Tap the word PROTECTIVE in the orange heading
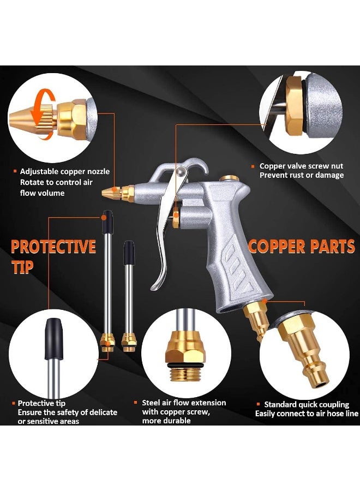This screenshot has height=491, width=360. (x=53, y=247)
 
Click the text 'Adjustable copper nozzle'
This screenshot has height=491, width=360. (x=65, y=171)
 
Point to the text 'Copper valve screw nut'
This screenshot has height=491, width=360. (x=301, y=166)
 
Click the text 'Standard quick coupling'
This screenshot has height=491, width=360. (x=307, y=404)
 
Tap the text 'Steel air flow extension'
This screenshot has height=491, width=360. (x=184, y=403)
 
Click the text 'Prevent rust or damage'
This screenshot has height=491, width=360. (x=302, y=175)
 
